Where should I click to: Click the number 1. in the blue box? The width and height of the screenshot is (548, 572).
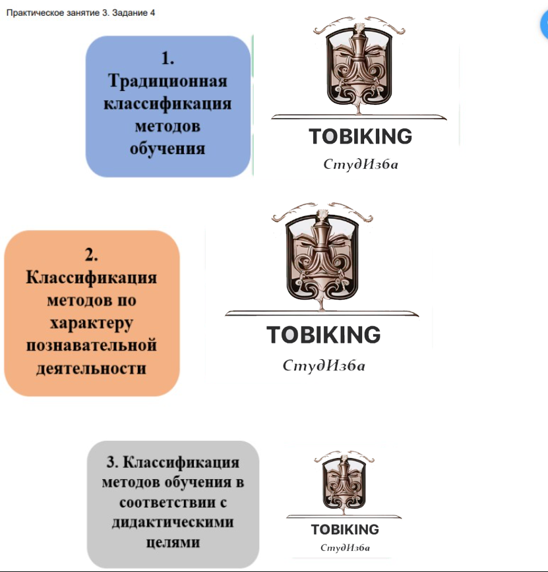(167, 59)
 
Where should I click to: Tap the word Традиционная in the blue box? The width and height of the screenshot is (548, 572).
(167, 81)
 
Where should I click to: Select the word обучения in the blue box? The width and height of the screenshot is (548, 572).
(167, 148)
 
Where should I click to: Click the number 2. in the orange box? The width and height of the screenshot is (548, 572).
(92, 254)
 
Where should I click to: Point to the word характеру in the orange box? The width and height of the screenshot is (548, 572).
(92, 323)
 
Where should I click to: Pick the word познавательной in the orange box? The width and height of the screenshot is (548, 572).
(92, 345)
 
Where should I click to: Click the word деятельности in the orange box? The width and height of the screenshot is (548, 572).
(92, 368)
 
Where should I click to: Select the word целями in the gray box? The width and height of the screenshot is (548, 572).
(173, 542)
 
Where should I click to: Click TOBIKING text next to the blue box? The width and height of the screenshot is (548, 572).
(360, 136)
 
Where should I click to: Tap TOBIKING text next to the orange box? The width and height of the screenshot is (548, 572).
(323, 335)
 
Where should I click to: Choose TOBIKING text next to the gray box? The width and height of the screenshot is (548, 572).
(345, 530)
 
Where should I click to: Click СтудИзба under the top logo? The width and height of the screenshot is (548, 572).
(360, 164)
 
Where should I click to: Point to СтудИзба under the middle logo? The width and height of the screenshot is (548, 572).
(323, 365)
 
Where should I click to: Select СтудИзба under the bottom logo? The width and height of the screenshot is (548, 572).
(345, 548)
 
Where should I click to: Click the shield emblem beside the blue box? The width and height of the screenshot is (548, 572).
(357, 66)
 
